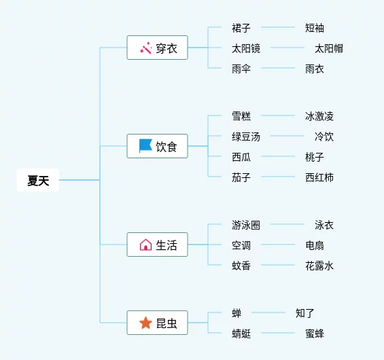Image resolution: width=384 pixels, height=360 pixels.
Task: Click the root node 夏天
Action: click(38, 180)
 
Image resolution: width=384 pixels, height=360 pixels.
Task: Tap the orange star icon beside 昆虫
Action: click(145, 323)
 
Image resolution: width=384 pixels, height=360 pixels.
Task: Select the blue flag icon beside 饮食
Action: click(145, 146)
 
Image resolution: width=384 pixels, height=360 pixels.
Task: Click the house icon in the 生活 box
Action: click(145, 245)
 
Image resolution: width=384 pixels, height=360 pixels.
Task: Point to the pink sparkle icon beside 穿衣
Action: click(146, 48)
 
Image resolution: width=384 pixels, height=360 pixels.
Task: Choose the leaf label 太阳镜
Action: click(246, 48)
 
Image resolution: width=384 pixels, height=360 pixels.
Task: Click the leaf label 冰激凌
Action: click(319, 116)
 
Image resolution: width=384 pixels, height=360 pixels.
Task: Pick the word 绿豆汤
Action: click(246, 137)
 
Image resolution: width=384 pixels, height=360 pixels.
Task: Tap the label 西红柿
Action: click(319, 177)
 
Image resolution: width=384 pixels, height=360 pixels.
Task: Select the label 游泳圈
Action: click(246, 225)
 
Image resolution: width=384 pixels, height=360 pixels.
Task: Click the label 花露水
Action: click(319, 266)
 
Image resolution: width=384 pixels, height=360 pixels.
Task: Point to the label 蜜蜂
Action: click(315, 334)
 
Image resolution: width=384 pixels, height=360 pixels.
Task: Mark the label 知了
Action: click(304, 313)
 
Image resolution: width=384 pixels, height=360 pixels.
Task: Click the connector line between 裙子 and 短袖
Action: click(278, 27)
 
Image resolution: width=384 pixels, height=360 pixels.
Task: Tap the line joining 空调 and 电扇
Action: click(278, 245)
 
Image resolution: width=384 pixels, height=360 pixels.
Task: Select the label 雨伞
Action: click(241, 69)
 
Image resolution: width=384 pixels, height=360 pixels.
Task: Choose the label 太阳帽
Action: click(329, 48)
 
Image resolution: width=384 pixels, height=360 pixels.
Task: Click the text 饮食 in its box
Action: click(167, 147)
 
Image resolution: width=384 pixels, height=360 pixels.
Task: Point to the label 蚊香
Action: click(241, 266)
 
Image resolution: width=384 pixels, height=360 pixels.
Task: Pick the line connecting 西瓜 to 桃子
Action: click(278, 156)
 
